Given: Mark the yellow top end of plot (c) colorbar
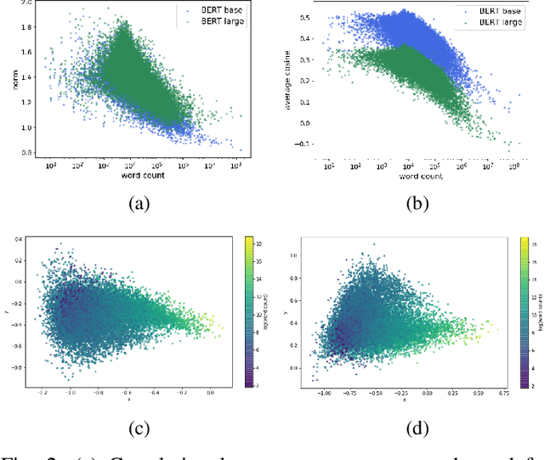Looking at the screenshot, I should point(246,242).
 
